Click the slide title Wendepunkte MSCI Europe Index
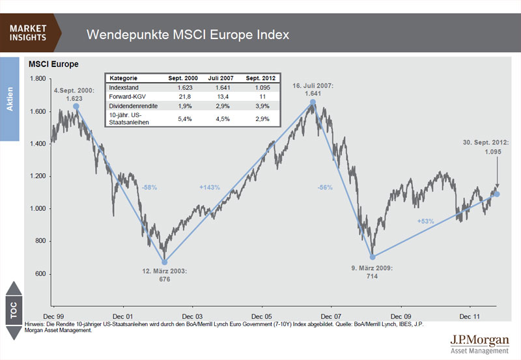[188, 34]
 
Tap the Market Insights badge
[29, 32]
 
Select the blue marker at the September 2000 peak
[76, 105]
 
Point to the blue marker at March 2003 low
[165, 261]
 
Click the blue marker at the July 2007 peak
[313, 102]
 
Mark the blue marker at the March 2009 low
[373, 256]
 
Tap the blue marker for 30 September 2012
[497, 194]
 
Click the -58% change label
[148, 187]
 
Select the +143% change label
[210, 187]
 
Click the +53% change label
[426, 221]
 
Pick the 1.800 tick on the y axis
[36, 79]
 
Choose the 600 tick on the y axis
[40, 274]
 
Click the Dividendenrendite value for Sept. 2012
[261, 105]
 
